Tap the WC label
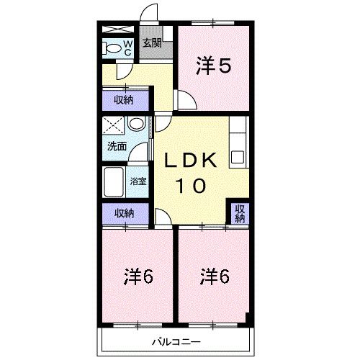click(x=127, y=48)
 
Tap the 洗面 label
click(x=117, y=146)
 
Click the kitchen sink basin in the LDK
click(x=238, y=156)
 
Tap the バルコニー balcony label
click(x=175, y=341)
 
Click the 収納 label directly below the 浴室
click(x=124, y=213)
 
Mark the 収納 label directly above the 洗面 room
click(x=124, y=99)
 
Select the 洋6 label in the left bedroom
click(x=139, y=276)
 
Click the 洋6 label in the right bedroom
click(x=215, y=276)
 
